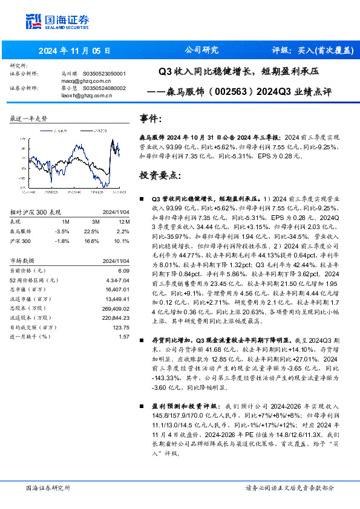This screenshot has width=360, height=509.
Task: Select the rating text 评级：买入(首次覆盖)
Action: pyautogui.click(x=313, y=50)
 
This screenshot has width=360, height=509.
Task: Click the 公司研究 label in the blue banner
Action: pyautogui.click(x=201, y=50)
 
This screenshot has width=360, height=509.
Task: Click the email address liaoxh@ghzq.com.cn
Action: pyautogui.click(x=86, y=94)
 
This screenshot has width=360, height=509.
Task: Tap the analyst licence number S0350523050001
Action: pyautogui.click(x=104, y=74)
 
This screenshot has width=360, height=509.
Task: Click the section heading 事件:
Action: pyautogui.click(x=152, y=118)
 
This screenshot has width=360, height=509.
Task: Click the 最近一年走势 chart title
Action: pyautogui.click(x=28, y=118)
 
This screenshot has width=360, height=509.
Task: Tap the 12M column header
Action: pyautogui.click(x=123, y=222)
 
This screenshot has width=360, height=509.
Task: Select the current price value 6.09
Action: pyautogui.click(x=124, y=271)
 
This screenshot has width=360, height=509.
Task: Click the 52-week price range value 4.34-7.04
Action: pyautogui.click(x=118, y=280)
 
